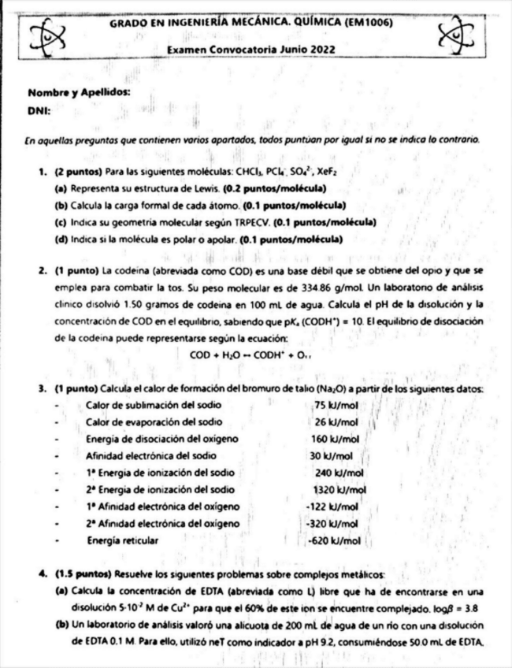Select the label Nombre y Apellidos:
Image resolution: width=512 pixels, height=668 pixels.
point(79,92)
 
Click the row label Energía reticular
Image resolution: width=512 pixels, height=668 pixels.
point(122,540)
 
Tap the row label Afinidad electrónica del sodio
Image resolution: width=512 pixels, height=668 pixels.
point(151,455)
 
